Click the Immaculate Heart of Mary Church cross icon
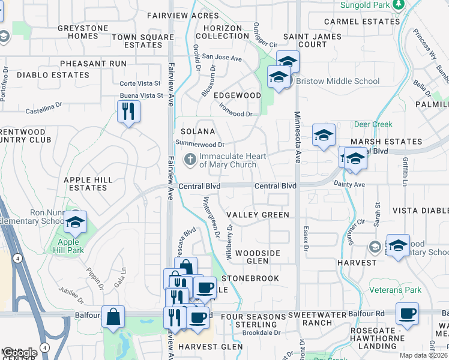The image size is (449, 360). click(190, 160)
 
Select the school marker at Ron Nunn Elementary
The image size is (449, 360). click(75, 223)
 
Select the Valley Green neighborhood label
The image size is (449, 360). click(258, 215)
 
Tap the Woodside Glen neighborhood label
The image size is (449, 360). click(258, 257)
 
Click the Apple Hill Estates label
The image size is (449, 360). click(85, 184)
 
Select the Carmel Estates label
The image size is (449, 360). click(361, 22)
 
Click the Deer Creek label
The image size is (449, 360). click(373, 125)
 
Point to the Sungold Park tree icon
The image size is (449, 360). click(398, 5)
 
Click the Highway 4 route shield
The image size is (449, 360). click(19, 259)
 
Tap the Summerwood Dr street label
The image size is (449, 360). click(199, 144)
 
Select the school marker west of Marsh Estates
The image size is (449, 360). click(324, 135)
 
